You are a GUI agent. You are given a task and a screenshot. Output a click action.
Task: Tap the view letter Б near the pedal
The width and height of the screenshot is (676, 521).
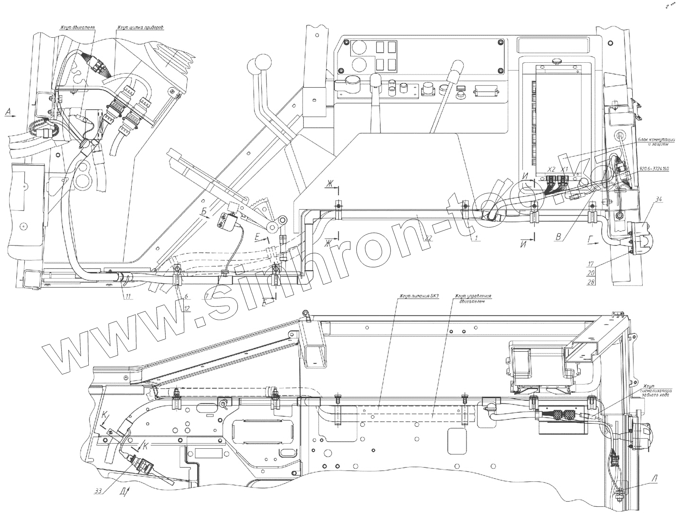(x=204, y=212)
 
